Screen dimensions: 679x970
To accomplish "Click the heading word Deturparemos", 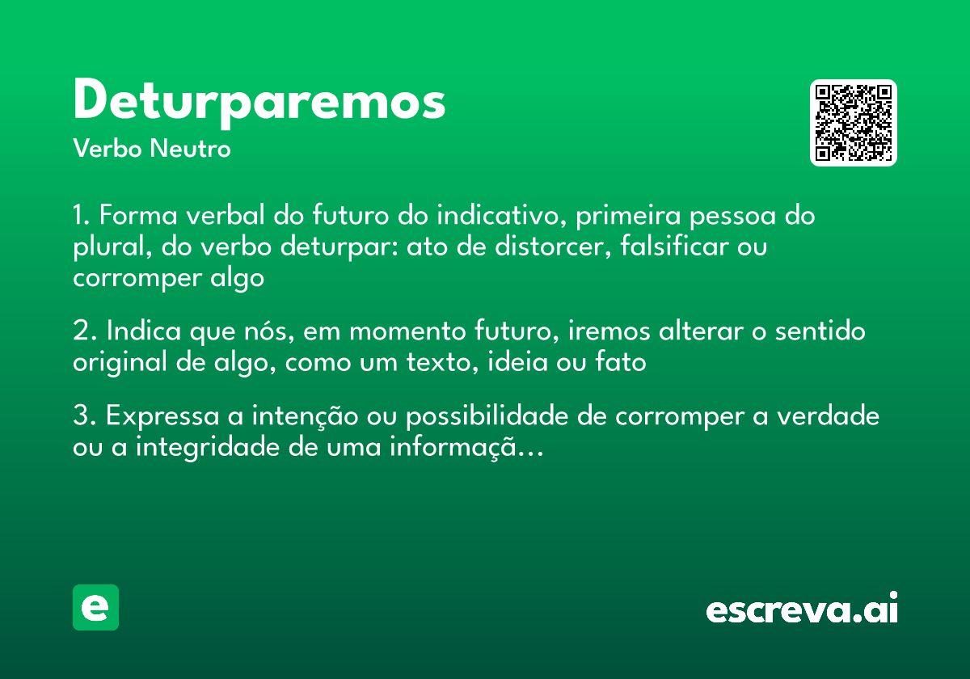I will click(259, 101).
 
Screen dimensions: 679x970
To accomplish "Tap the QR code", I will click(854, 123).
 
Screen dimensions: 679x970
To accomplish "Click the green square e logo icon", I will click(95, 607).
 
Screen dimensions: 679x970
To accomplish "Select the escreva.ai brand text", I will click(802, 609).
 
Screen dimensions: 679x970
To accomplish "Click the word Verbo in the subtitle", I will click(108, 149).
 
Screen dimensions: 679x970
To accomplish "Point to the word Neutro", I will click(192, 149).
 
